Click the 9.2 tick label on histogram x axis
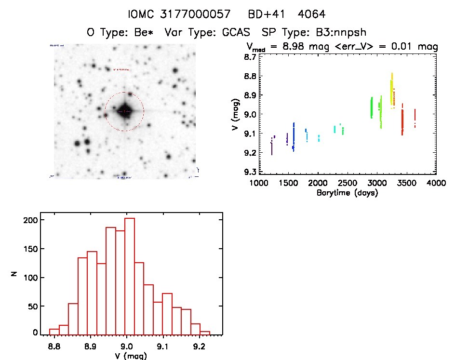coord(199,346)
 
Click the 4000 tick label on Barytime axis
coord(436,184)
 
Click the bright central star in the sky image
coord(124,111)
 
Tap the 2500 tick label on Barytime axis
coord(347,184)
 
